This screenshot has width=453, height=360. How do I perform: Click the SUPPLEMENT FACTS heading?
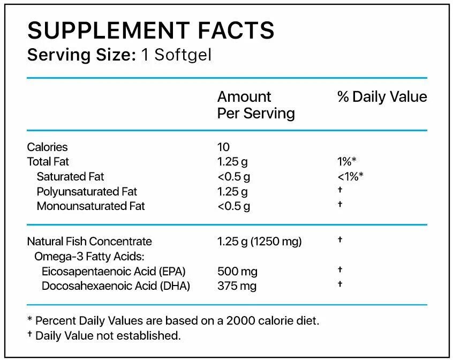[150, 31]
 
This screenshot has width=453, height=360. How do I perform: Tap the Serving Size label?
[81, 55]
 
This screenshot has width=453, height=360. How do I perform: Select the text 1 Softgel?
[176, 55]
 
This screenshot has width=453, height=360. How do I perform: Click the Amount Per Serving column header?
[255, 104]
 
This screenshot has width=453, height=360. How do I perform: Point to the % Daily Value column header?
[382, 97]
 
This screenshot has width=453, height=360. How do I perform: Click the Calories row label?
[48, 147]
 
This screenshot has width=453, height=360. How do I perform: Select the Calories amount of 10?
[223, 147]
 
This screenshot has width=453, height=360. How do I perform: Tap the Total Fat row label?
[48, 161]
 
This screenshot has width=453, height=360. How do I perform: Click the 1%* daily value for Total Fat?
[347, 161]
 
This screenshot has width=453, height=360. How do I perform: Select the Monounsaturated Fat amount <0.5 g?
[233, 206]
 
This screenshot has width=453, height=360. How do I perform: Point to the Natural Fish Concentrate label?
[89, 242]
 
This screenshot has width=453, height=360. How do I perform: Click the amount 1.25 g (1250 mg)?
[259, 242]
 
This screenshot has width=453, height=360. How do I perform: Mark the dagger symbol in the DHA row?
[340, 284]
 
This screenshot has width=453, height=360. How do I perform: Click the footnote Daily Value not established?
[108, 336]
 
